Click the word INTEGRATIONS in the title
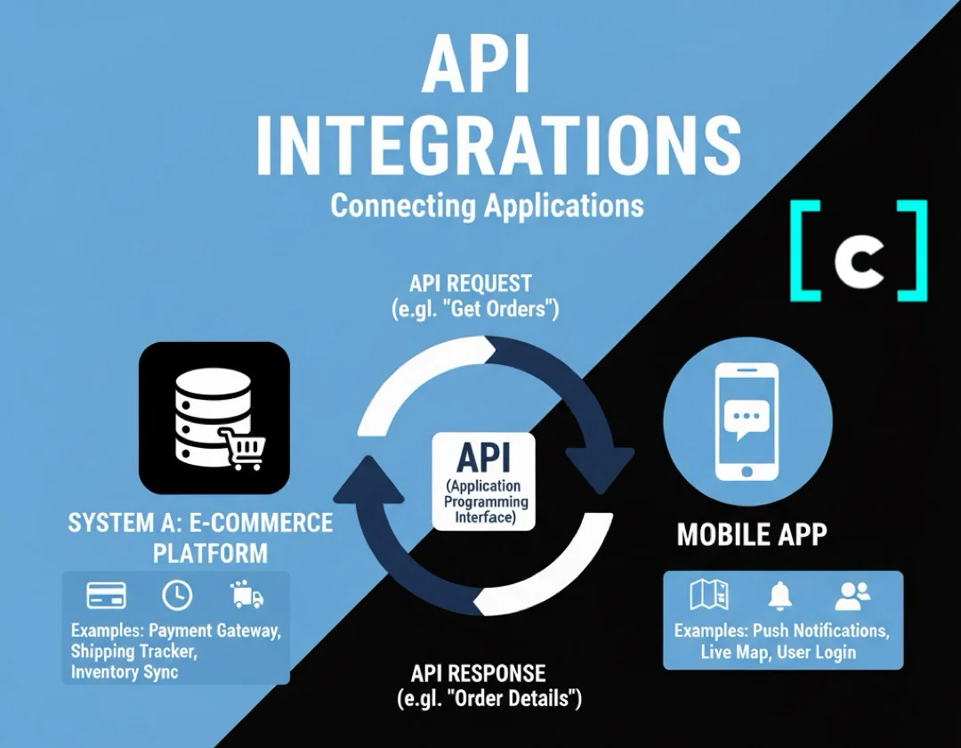pos(498,143)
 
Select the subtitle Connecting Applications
pos(487,206)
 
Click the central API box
pos(483,482)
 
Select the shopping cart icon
pos(240,448)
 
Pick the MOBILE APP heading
pos(752,534)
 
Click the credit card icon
pos(106,596)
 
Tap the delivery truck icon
pos(246,595)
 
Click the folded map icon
pos(710,595)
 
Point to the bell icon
pos(781,595)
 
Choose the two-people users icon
pos(853,595)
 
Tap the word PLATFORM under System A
pos(210,553)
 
